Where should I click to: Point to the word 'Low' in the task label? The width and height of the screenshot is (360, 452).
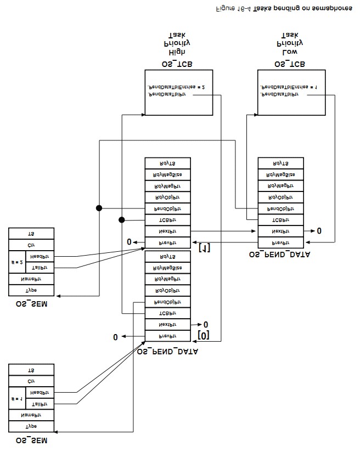[289, 52]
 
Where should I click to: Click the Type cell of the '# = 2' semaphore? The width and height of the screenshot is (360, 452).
[31, 290]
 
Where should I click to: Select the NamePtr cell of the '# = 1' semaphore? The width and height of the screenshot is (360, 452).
[31, 415]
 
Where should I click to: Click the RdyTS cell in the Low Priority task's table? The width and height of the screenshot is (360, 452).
[280, 163]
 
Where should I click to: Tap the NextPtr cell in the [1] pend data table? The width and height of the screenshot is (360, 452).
[167, 231]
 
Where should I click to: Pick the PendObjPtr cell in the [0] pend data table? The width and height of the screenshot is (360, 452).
[167, 302]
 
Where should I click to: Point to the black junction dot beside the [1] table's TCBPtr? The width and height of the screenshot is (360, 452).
[121, 220]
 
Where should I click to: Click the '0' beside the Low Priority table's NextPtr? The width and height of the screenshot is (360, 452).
[319, 231]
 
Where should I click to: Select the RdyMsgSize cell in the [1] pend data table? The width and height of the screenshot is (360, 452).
[167, 174]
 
